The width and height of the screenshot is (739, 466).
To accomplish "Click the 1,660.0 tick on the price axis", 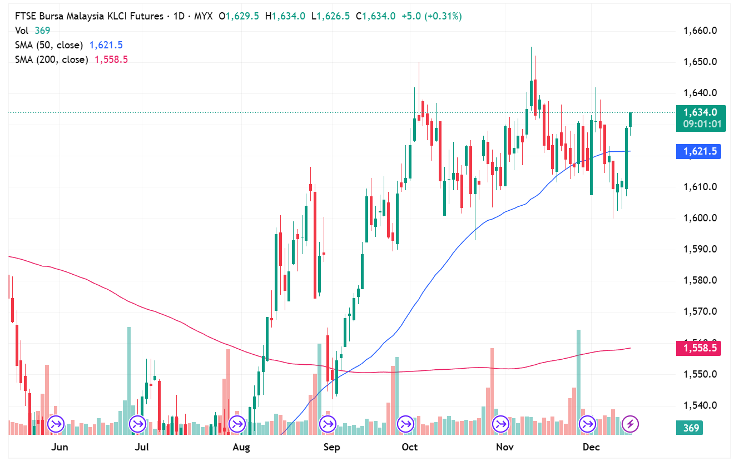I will (699, 31).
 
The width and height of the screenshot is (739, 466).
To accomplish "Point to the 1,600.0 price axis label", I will (699, 218).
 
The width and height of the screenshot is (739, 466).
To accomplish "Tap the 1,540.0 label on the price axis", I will (699, 405).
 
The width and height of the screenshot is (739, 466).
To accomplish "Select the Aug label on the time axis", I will (241, 447).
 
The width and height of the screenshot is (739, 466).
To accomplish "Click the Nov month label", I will (504, 447).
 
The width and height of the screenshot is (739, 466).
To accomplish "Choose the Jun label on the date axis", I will (59, 447).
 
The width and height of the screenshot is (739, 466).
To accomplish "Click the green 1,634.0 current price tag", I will (699, 112).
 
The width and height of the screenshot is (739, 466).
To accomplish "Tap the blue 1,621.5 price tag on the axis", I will (699, 151).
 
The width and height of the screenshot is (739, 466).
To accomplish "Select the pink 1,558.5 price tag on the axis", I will (699, 349).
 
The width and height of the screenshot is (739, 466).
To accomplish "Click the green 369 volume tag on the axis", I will (691, 428).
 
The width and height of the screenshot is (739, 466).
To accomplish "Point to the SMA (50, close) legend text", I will (49, 45).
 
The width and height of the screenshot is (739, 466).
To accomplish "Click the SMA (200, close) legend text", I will (52, 60).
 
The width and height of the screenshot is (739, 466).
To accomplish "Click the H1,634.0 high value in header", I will (285, 16).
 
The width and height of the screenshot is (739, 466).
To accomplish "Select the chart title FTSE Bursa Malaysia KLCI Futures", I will (89, 16).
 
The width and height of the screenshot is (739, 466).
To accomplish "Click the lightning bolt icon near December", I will (630, 424).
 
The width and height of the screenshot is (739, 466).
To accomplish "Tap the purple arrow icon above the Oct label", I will (405, 424).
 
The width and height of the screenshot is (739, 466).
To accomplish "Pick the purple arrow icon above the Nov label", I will (500, 424).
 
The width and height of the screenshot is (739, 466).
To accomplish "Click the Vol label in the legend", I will (22, 31).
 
